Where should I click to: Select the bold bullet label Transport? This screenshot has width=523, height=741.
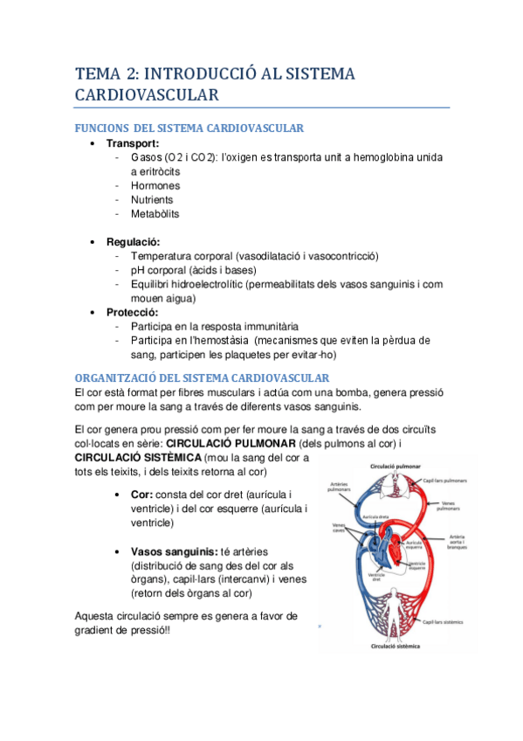133,143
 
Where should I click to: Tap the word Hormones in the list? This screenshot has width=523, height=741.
155,185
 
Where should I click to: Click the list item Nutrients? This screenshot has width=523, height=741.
152,200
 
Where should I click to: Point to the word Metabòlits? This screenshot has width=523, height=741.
155,214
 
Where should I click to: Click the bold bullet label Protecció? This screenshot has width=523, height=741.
133,312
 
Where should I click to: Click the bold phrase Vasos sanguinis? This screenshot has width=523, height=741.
175,551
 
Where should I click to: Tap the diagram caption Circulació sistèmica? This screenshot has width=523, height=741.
396,647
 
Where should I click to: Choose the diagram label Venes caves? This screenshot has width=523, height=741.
339,530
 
